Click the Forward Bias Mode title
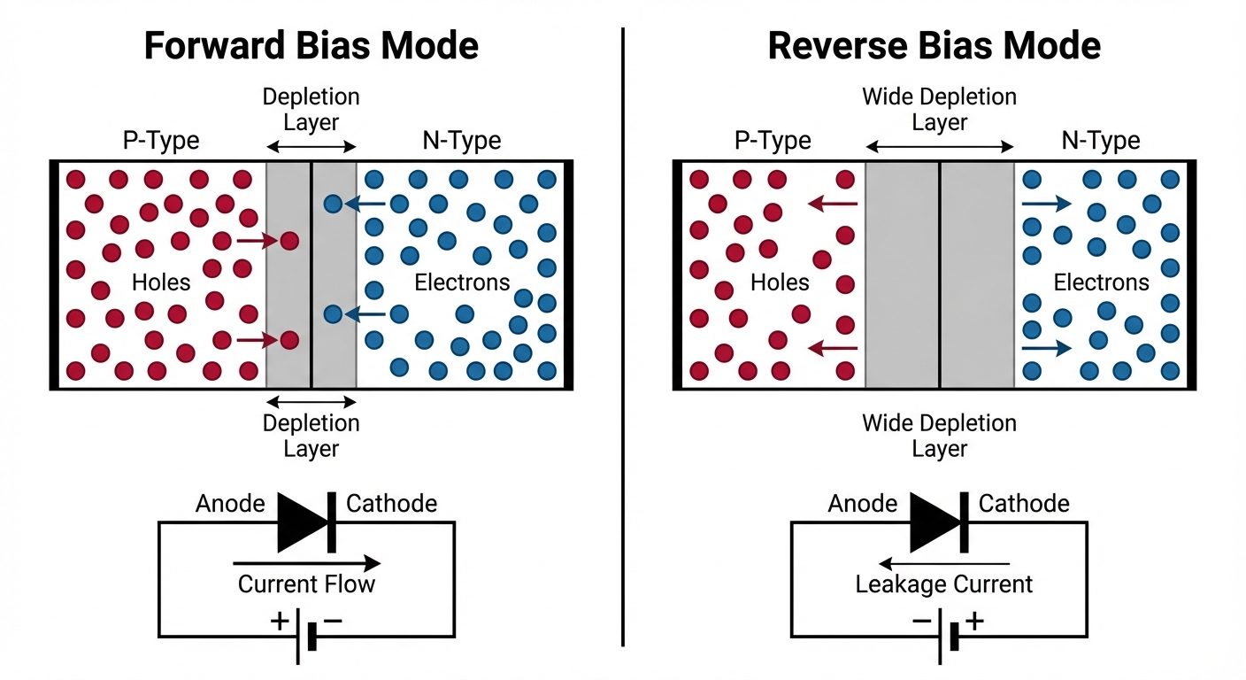coord(311,46)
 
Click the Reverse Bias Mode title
coord(934,46)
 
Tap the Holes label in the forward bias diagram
coord(161,282)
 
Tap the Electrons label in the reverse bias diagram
coord(1101,282)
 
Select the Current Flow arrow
coord(306,563)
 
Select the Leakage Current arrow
coord(943,563)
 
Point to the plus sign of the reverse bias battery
coord(974,621)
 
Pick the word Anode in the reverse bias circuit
coord(863,504)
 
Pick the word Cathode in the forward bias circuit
coord(391,504)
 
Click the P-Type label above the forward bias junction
coord(160,141)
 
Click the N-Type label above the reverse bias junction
coord(1100,141)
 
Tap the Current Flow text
coord(306,584)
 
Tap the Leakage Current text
coord(943,584)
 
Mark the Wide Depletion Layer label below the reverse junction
coord(939,436)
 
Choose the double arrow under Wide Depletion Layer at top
coord(939,147)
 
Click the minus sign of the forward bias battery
coord(333,621)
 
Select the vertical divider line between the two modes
coord(623,336)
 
